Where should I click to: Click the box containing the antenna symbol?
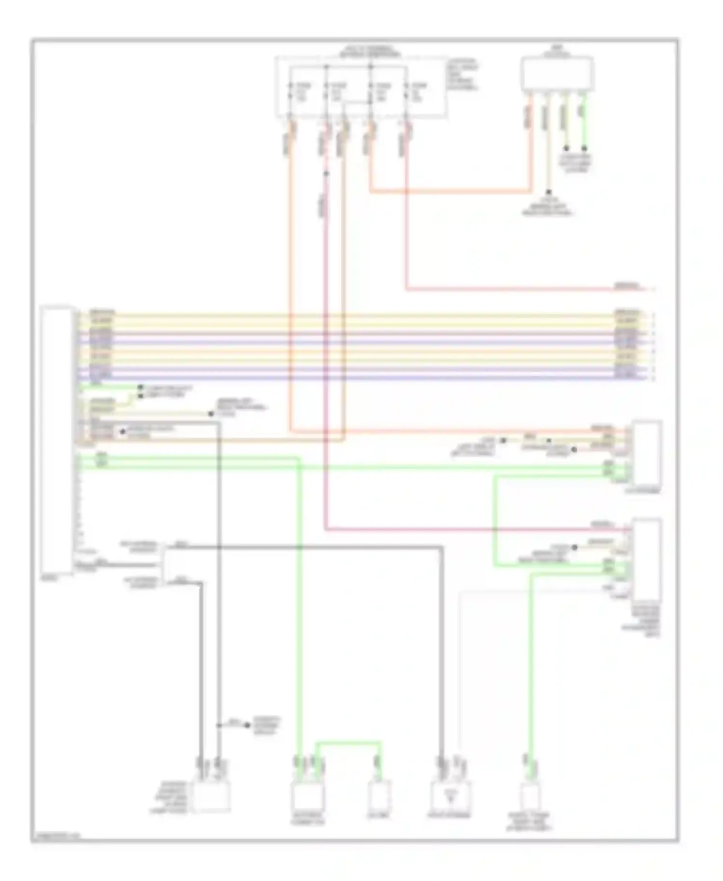point(450,796)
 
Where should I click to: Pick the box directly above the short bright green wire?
point(557,74)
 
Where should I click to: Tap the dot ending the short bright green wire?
point(585,148)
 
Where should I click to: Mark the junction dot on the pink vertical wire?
point(326,174)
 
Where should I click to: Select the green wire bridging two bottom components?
point(348,743)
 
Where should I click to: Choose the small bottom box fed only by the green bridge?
point(379,796)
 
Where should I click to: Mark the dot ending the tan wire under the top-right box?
point(549,192)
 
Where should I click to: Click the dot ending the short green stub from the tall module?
point(140,387)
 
